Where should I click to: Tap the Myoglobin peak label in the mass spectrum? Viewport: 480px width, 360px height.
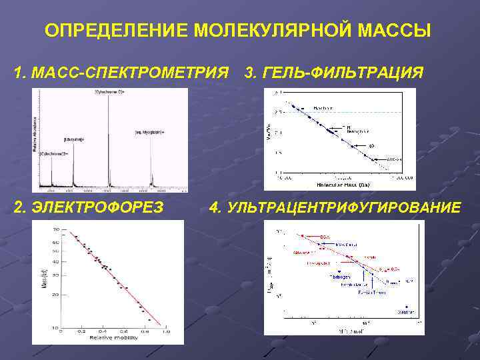point(149,132)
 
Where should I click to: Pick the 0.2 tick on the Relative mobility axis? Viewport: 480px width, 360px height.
point(82,331)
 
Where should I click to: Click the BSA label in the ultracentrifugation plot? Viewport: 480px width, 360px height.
point(325,236)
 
